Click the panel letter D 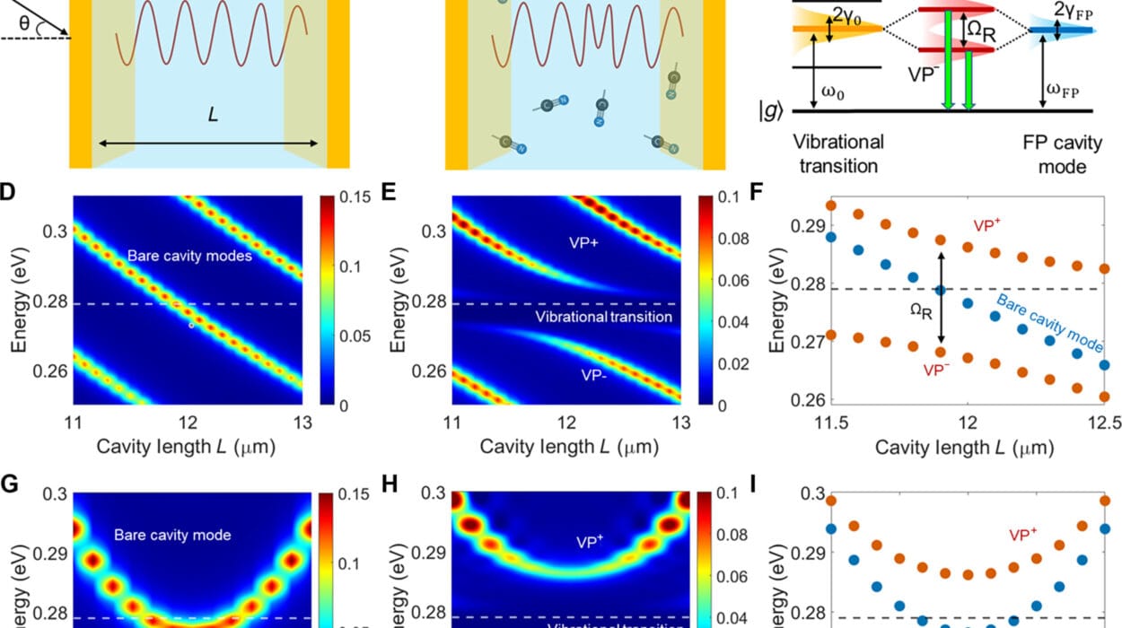[x=8, y=191]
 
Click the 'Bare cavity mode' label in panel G [x=172, y=536]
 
